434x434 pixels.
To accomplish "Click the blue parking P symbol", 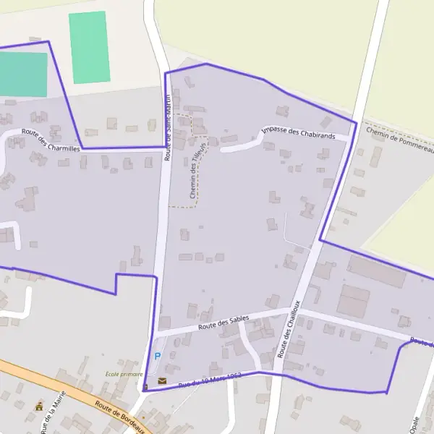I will [158, 357].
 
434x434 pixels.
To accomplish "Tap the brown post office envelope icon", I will [162, 380].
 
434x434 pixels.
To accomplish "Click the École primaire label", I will [123, 374].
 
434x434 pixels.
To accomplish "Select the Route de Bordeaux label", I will [122, 411].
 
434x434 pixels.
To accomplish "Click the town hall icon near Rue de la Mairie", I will [38, 407].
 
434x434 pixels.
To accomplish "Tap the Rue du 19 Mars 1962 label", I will [210, 379].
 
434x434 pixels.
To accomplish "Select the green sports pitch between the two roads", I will [90, 47].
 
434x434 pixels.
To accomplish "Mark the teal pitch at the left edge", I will [22, 74].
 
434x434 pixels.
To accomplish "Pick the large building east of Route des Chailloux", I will [376, 272].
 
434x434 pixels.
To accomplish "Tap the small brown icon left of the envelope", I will [146, 387].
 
